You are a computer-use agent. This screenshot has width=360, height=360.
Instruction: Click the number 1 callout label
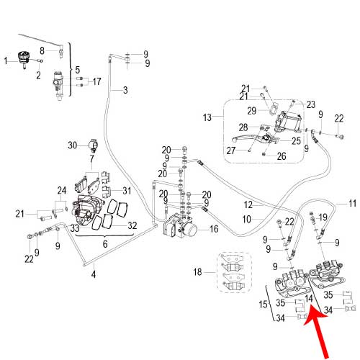coord(6,60)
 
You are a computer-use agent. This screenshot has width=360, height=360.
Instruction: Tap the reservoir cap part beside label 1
coord(24,60)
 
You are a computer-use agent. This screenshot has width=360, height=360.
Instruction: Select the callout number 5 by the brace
coord(78,70)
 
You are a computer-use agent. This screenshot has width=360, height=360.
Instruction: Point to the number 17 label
coord(96,81)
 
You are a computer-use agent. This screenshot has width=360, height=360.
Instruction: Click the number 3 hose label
coord(125,90)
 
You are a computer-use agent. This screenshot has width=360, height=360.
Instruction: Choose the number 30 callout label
coord(73,145)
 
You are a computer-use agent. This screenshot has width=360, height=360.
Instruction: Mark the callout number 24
coord(62,191)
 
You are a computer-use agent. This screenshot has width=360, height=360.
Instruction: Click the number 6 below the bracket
coord(105,244)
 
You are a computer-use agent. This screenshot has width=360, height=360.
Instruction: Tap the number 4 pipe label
coord(94,274)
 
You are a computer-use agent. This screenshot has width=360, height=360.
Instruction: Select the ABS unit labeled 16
coord(180,225)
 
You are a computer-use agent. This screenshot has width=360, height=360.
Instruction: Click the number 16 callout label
coord(214,229)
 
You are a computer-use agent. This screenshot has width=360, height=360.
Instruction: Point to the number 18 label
coord(198,272)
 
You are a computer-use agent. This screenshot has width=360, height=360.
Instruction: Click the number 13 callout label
coord(207,117)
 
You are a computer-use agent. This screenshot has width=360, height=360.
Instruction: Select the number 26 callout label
coord(282,156)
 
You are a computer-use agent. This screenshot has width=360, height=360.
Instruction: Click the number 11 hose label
coord(352,204)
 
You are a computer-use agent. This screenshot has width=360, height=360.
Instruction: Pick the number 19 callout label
coord(323,217)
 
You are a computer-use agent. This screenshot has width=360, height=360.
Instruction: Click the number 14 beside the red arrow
coord(309,299)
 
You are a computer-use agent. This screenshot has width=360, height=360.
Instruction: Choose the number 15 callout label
coord(263,305)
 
